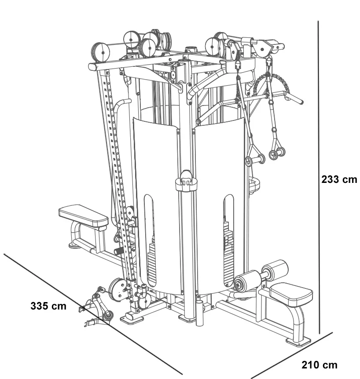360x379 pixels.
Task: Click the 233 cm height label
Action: click(x=339, y=180)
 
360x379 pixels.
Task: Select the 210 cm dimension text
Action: click(x=320, y=365)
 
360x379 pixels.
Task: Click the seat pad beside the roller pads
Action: click(x=291, y=293)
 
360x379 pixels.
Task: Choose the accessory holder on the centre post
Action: click(x=185, y=183)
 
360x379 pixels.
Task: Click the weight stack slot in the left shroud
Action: click(x=150, y=242)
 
